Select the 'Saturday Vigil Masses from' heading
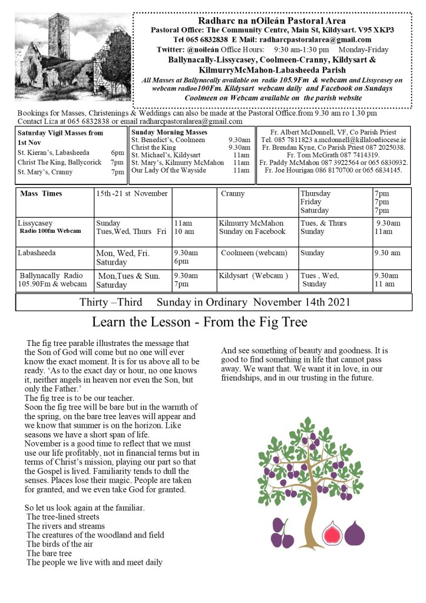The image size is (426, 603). point(60,133)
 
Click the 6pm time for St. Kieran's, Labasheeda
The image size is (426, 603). point(117,152)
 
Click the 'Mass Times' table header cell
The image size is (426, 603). point(41,193)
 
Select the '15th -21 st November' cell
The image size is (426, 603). point(132,193)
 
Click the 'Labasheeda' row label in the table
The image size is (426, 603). point(38,253)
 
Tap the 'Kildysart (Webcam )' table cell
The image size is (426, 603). point(253,275)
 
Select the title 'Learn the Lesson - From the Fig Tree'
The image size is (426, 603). point(199,322)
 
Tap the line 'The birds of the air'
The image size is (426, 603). point(60,544)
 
